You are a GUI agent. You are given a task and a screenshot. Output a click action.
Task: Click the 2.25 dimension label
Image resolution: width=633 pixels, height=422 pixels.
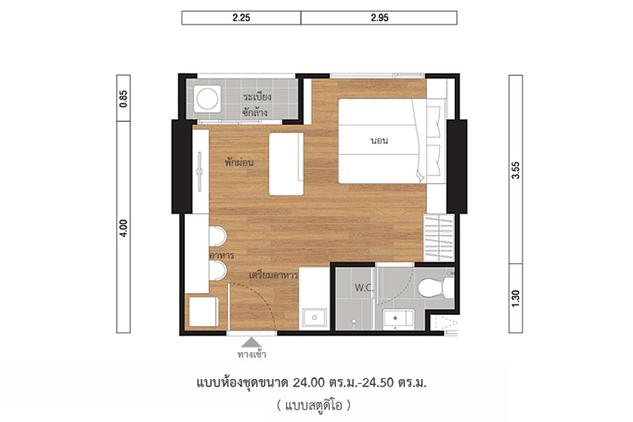coord(241,18)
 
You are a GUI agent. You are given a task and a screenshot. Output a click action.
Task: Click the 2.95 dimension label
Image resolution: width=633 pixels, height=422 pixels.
coord(380,18)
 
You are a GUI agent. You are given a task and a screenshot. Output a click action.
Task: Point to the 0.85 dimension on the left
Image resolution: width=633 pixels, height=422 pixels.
coord(123,99)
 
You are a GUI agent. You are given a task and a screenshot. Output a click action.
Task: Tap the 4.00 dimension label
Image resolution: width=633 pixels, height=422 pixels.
coord(123,228)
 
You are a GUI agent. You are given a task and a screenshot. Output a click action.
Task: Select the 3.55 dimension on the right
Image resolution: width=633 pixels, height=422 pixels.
coord(516,170)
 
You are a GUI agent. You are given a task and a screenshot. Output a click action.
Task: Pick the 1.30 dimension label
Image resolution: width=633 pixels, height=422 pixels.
coord(516,299)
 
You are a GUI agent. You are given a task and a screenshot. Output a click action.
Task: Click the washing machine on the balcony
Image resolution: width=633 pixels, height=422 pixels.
coord(207,99)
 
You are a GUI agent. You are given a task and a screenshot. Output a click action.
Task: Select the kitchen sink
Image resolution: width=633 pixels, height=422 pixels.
coord(314,318)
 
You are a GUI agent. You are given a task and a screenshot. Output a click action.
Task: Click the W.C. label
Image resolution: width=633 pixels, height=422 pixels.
coord(364,288)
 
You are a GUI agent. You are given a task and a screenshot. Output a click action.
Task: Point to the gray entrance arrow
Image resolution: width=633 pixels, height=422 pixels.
coord(252,343)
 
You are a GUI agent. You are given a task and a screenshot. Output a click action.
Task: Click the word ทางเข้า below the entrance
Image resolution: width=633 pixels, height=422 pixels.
coord(252,354)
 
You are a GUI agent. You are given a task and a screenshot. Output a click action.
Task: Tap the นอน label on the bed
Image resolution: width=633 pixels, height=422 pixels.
coord(380,141)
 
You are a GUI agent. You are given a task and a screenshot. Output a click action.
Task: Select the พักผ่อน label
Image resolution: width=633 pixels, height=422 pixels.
coord(240,162)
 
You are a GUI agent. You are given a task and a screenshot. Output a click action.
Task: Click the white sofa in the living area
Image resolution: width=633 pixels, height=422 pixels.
coord(286,164)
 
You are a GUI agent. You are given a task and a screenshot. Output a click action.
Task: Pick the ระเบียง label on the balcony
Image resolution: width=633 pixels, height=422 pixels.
coord(257,97)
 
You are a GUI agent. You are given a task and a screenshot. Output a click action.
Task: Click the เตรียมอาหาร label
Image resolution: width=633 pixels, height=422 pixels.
coord(273,275)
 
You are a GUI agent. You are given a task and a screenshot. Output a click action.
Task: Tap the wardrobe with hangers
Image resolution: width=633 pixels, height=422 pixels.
coord(439,238)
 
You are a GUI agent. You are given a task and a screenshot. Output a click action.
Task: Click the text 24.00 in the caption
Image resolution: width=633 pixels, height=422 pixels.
coord(309,382)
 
